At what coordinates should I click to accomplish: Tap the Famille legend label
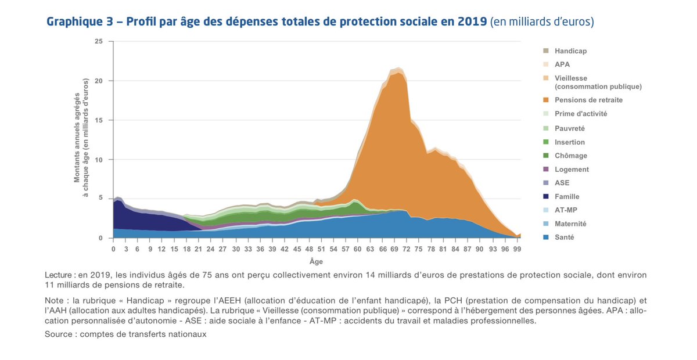click(x=567, y=197)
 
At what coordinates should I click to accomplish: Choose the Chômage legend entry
click(x=570, y=156)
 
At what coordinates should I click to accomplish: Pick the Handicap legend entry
click(x=570, y=51)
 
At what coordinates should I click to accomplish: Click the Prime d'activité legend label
click(x=580, y=114)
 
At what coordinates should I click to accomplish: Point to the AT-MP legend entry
click(x=566, y=210)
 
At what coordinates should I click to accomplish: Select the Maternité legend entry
click(x=570, y=224)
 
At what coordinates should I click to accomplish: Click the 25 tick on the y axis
click(x=99, y=42)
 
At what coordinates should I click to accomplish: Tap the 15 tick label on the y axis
click(x=99, y=120)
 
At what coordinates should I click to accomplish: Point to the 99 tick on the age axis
click(x=517, y=249)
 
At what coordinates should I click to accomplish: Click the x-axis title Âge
click(x=316, y=262)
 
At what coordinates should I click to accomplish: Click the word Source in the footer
click(x=58, y=334)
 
